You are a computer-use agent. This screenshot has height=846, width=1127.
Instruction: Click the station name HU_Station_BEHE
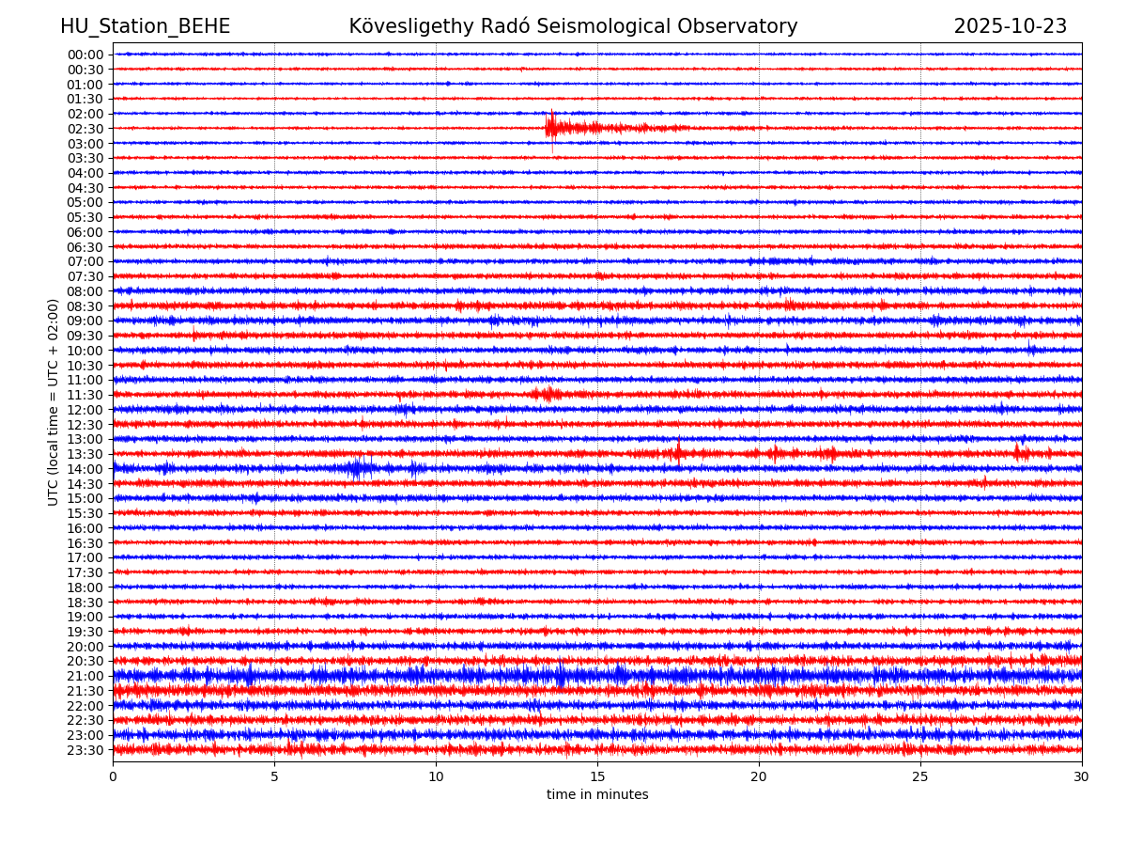pos(145,27)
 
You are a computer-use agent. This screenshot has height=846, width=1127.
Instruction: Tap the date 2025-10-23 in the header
pos(1010,27)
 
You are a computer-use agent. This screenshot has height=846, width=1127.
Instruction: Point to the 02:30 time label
pos(85,129)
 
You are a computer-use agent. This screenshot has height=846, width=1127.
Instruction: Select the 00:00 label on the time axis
pos(85,55)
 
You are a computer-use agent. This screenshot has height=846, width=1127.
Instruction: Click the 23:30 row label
pos(85,750)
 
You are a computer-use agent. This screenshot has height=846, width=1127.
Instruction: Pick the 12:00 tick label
pos(85,410)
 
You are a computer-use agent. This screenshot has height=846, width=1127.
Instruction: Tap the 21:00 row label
pos(85,676)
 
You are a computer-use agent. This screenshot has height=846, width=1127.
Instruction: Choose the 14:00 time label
pos(85,469)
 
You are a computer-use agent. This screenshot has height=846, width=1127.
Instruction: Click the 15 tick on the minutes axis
pos(597,777)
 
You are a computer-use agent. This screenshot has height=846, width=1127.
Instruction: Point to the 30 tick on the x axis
pos(1082,777)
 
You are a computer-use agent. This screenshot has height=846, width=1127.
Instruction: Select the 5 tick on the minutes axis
pos(274,777)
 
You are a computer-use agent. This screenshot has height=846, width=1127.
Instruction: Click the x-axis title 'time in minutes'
pos(597,795)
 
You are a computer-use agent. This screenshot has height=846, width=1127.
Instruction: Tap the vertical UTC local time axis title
pos(54,402)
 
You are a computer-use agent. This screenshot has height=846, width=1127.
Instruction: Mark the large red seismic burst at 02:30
pos(563,127)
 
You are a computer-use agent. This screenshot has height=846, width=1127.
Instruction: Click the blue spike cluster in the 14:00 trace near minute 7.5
pos(357,467)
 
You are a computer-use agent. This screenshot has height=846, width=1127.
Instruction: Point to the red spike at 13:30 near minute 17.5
pos(677,453)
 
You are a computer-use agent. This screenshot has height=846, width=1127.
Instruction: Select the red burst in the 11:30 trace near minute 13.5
pos(547,394)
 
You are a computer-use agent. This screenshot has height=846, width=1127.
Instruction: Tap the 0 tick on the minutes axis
pos(113,777)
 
